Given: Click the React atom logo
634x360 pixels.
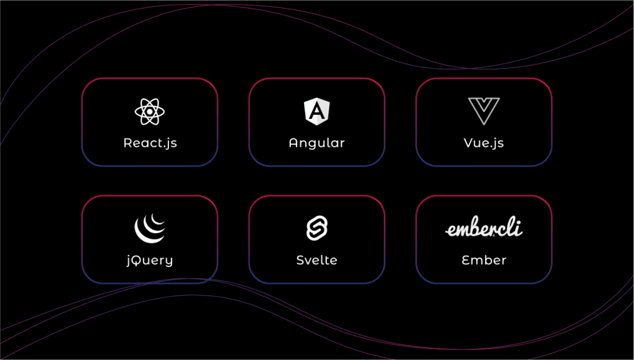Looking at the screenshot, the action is [x=150, y=112].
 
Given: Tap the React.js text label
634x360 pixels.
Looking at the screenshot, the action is [x=150, y=143].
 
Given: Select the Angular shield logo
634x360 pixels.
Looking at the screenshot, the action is [x=316, y=112].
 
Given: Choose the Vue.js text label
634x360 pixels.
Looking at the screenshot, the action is [x=484, y=143].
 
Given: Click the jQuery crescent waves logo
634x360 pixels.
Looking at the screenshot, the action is [x=150, y=229].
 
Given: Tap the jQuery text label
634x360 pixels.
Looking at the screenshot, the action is [x=150, y=260].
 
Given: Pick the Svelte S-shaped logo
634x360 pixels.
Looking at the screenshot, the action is [x=316, y=228].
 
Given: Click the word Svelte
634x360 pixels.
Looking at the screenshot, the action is [x=316, y=260].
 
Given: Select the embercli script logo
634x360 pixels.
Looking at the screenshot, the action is [x=484, y=229].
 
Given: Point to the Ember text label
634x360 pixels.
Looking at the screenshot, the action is [x=484, y=260].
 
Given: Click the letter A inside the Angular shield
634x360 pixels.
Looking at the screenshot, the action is [x=316, y=112].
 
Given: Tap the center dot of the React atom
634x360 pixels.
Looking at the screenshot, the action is [x=150, y=112].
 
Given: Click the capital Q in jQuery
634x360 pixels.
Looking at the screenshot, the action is [x=138, y=260].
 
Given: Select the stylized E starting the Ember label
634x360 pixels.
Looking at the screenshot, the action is [x=466, y=260].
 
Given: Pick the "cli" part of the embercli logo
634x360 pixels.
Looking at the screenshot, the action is [x=512, y=228].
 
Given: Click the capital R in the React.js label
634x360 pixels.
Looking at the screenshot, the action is [x=128, y=143].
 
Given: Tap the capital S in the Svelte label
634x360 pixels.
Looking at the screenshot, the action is [x=300, y=260].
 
